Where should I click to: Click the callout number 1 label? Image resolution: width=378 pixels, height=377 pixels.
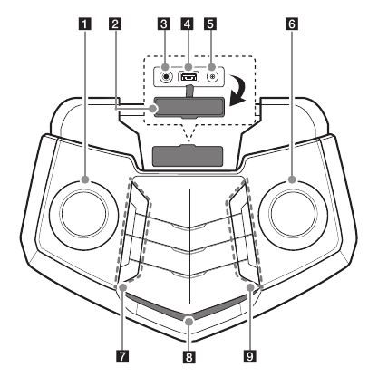pyautogui.click(x=85, y=24)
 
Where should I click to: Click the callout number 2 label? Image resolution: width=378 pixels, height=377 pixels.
pyautogui.click(x=115, y=24)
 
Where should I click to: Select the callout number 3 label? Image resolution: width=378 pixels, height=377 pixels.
pyautogui.click(x=164, y=24)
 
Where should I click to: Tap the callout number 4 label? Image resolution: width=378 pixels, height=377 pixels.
pyautogui.click(x=188, y=24)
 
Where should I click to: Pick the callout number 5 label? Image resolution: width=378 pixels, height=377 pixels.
pyautogui.click(x=210, y=24)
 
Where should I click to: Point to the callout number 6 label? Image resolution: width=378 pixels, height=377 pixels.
pyautogui.click(x=292, y=24)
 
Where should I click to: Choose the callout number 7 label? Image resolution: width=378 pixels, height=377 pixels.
pyautogui.click(x=122, y=356)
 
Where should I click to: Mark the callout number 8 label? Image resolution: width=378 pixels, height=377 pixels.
pyautogui.click(x=189, y=357)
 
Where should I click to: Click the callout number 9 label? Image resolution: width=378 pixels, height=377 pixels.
pyautogui.click(x=250, y=356)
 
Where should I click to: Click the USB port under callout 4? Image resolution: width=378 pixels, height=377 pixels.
pyautogui.click(x=189, y=77)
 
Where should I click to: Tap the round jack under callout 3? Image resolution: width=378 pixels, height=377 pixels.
pyautogui.click(x=165, y=77)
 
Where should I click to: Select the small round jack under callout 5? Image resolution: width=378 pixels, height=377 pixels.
pyautogui.click(x=213, y=77)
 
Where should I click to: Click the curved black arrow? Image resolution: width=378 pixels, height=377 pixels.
pyautogui.click(x=237, y=90)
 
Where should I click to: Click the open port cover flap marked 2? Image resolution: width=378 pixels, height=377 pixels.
pyautogui.click(x=189, y=107)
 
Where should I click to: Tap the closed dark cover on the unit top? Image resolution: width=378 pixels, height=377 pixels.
pyautogui.click(x=188, y=156)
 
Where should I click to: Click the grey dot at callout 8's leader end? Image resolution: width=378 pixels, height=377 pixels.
pyautogui.click(x=189, y=322)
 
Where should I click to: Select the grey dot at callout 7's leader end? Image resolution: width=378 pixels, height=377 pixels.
pyautogui.click(x=122, y=287)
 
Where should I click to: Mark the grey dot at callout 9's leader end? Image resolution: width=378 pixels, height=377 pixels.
pyautogui.click(x=250, y=287)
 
